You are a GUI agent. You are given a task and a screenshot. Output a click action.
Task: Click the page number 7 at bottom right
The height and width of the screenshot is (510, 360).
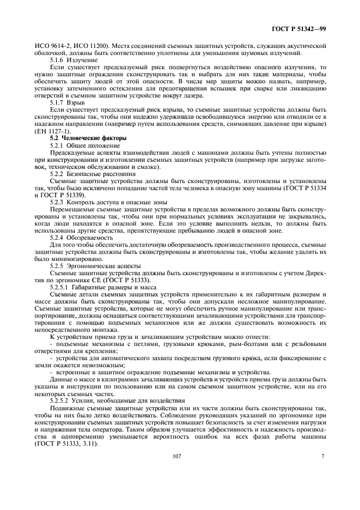(x=322, y=457)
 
